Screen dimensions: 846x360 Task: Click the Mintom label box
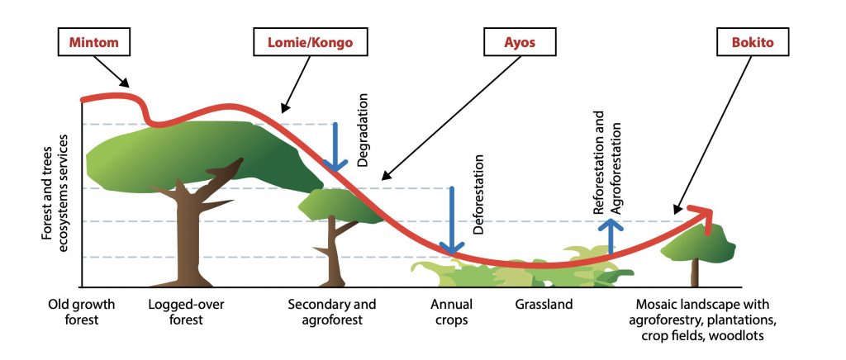click(95, 42)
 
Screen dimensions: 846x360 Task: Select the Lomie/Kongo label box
click(311, 42)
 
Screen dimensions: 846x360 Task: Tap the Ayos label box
click(520, 42)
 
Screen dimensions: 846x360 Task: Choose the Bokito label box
click(752, 42)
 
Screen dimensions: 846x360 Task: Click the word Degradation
click(364, 130)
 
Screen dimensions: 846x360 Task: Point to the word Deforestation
click(478, 194)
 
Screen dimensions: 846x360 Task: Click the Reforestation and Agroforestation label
click(607, 163)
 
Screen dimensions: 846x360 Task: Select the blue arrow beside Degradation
click(335, 147)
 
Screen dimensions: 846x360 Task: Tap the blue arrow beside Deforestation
click(452, 220)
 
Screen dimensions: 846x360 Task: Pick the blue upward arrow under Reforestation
click(611, 235)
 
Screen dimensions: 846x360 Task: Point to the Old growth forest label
click(82, 312)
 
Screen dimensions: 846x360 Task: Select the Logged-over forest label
click(186, 312)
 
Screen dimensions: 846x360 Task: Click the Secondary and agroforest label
click(332, 312)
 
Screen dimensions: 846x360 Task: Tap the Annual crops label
click(451, 312)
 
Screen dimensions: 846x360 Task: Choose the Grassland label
click(544, 305)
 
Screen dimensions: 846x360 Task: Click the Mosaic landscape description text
click(702, 320)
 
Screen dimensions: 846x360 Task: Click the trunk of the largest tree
click(188, 237)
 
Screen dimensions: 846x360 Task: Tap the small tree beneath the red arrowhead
click(697, 253)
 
